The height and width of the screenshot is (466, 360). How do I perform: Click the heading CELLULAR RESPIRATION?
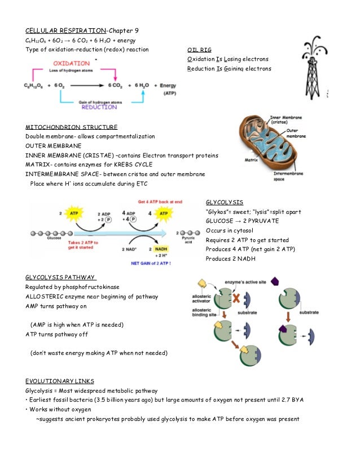[63, 30]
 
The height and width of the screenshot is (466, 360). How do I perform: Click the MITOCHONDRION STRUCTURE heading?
[72, 127]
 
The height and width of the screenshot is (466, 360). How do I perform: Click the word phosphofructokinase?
[97, 287]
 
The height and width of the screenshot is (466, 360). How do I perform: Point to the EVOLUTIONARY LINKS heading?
[60, 380]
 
